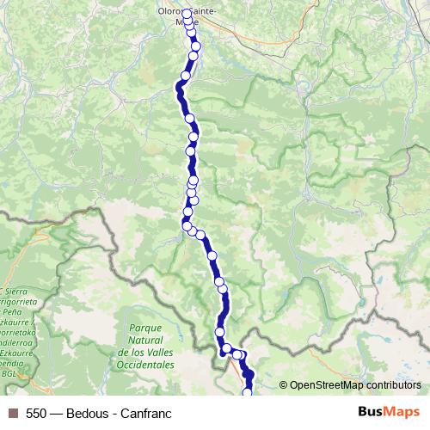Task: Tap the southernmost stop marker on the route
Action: [248, 393]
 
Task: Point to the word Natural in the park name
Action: [134, 341]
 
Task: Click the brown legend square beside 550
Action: [12, 414]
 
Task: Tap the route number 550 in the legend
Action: [36, 414]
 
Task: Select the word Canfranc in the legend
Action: [145, 414]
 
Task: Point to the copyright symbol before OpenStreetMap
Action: [283, 385]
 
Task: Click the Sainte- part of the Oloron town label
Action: [205, 10]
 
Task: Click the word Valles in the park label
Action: [158, 353]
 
